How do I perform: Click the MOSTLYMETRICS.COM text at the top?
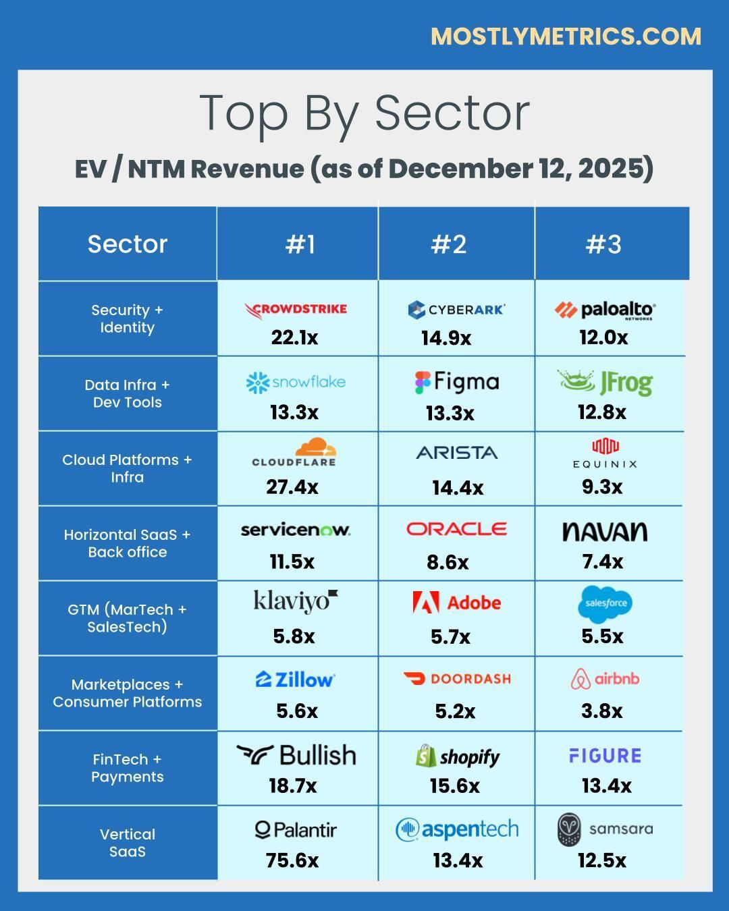[x=566, y=36]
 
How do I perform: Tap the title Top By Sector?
[x=364, y=113]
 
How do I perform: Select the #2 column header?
[x=449, y=244]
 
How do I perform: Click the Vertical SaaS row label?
[x=127, y=843]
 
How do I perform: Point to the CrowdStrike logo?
[x=296, y=310]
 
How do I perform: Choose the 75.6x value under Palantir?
[x=292, y=860]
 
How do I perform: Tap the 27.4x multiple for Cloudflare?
[x=292, y=487]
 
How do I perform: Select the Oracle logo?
[x=456, y=529]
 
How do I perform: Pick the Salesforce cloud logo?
[x=605, y=603]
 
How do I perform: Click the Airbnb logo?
[x=605, y=679]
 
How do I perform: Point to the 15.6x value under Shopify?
[x=454, y=785]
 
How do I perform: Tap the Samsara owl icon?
[x=569, y=829]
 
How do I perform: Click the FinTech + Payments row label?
[x=127, y=768]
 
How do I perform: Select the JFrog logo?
[x=605, y=383]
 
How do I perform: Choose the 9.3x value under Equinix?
[x=602, y=487]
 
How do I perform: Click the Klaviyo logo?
[x=295, y=600]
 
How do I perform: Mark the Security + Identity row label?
[x=127, y=319]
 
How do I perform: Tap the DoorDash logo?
[x=456, y=678]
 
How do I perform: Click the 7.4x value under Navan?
[x=603, y=561]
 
